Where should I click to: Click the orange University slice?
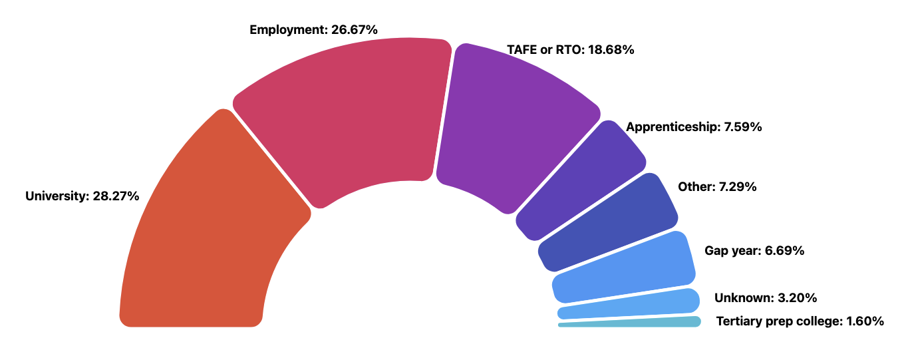pos(206,233)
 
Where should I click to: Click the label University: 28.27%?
pos(82,196)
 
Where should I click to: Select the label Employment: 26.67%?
pos(313,30)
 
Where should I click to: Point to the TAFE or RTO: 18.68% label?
pos(570,50)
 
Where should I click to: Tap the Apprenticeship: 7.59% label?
pos(694,126)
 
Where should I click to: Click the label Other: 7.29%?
pos(717,187)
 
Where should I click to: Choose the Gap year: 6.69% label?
pos(754,251)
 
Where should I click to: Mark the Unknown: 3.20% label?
pos(765,297)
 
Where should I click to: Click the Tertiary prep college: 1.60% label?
pos(800,321)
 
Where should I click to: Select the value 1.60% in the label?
pos(865,321)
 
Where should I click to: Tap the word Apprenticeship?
pos(671,126)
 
